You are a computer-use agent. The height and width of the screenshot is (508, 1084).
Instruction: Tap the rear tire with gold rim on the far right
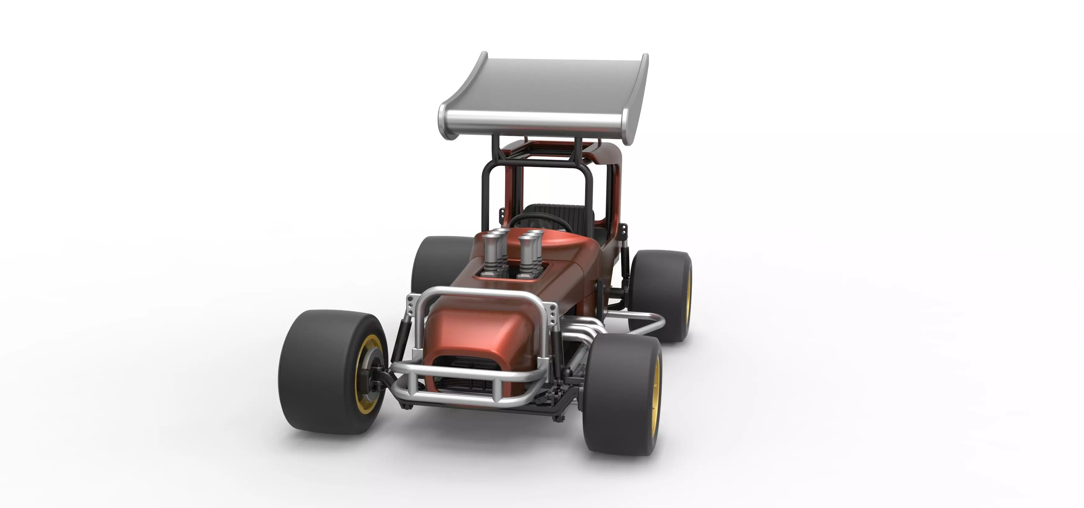tap(663, 295)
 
